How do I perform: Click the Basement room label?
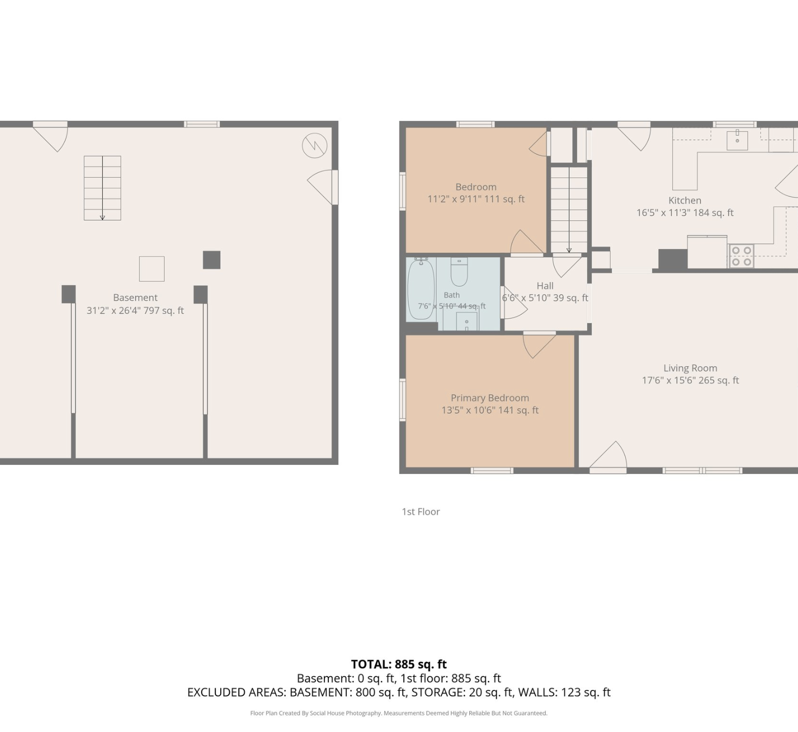[135, 297]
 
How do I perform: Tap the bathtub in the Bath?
[421, 289]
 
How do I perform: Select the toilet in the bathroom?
[459, 272]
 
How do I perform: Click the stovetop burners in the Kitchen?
[742, 256]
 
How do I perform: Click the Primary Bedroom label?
[489, 398]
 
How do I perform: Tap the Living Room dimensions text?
[690, 380]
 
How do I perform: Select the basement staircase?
[102, 188]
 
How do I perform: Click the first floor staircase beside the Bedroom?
[569, 210]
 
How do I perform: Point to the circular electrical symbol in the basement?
[314, 146]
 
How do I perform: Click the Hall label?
[545, 286]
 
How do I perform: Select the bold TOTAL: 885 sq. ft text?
[398, 664]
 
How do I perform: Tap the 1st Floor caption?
[420, 512]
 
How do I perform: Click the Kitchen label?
[685, 201]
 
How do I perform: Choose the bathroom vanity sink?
[466, 321]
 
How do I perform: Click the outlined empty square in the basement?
[152, 269]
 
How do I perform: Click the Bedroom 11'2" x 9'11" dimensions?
[476, 199]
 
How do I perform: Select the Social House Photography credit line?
[398, 713]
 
